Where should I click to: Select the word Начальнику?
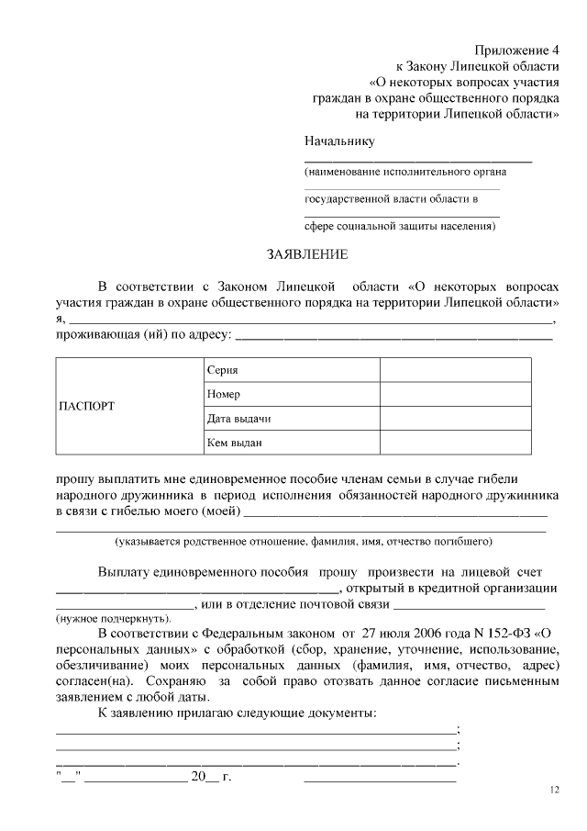click(x=339, y=140)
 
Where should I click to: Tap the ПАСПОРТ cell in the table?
click(x=87, y=406)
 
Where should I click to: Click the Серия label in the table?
click(x=223, y=370)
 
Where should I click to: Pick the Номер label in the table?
click(x=224, y=394)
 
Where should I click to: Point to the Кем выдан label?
click(x=235, y=443)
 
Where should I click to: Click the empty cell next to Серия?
click(x=455, y=370)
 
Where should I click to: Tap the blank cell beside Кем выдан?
click(x=455, y=443)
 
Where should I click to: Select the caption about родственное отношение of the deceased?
click(x=303, y=541)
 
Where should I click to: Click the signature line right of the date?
click(x=380, y=780)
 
